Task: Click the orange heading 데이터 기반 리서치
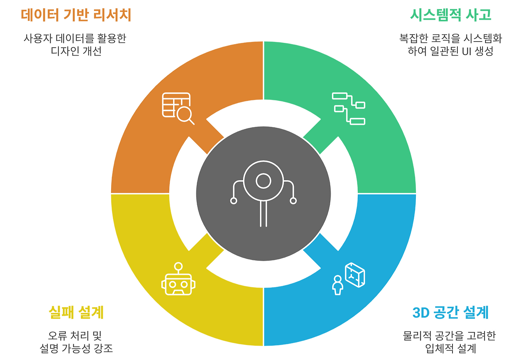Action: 76,15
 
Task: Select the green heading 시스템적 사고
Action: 450,15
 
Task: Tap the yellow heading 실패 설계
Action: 76,312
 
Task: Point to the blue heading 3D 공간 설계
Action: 450,312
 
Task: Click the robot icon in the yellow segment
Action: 178,279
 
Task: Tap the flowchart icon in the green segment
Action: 348,109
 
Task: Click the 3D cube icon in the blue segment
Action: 355,275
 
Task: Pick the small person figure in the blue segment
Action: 338,285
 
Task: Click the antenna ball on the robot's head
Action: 178,266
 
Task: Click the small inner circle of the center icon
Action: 263,181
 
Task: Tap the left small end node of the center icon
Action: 233,201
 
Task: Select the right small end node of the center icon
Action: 293,201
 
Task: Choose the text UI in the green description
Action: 467,51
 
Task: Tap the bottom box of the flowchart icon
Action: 357,121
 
